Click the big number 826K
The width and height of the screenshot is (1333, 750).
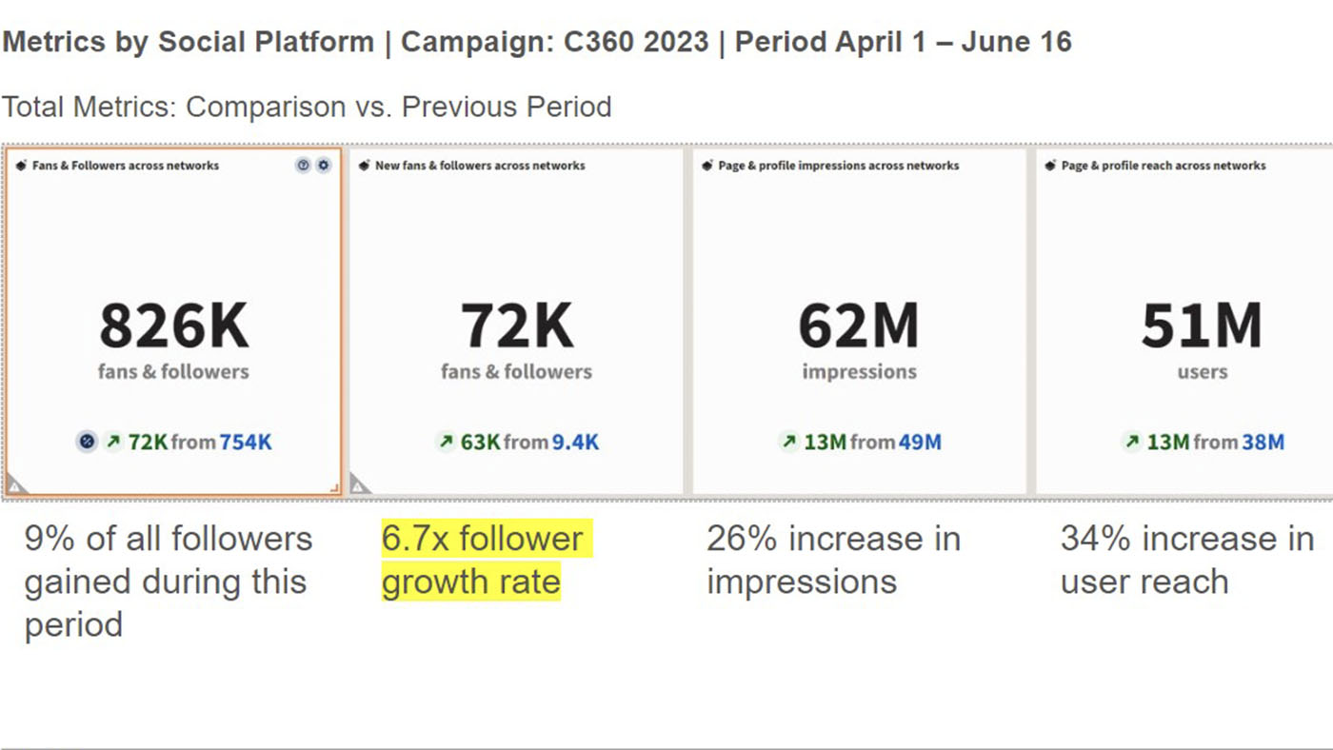pos(173,325)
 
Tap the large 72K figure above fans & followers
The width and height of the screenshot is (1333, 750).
pos(517,325)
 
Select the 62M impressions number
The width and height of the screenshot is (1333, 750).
pos(859,325)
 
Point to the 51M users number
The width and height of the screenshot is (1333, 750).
pos(1202,325)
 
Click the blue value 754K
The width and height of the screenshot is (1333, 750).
pos(246,442)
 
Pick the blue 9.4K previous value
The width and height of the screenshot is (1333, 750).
pos(575,442)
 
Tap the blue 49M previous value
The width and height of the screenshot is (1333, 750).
pos(920,442)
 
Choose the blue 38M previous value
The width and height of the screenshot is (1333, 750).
pos(1263,442)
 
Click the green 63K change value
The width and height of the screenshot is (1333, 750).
pos(481,442)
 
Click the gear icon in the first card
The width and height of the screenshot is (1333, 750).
pos(324,166)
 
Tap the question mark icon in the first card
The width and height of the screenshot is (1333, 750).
pos(303,166)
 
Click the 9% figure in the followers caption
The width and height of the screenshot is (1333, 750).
pos(44,539)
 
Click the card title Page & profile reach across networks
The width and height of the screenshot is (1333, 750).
pos(1163,166)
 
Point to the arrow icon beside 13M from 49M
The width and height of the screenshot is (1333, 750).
pos(788,442)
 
